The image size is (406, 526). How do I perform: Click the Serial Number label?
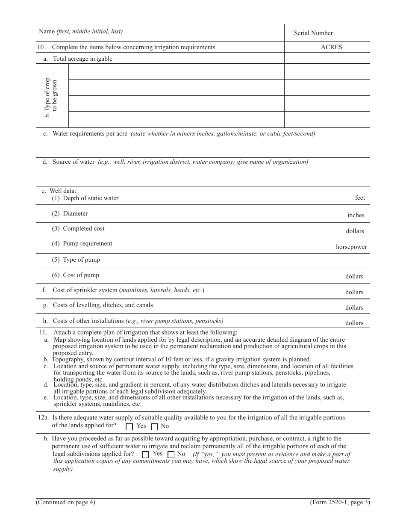[313, 33]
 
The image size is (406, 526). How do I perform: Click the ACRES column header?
[331, 47]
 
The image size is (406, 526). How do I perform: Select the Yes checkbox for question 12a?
[129, 426]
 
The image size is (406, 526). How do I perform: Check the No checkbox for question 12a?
[155, 426]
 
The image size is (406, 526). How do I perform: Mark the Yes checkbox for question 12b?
[146, 454]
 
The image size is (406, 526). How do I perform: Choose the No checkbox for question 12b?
[171, 454]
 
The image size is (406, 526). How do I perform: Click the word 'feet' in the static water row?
[360, 198]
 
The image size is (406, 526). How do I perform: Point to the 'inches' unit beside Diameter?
[356, 216]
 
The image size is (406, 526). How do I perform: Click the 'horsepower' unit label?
[351, 247]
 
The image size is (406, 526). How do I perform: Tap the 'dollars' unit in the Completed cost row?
[355, 231]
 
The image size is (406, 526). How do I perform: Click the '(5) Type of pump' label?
[76, 260]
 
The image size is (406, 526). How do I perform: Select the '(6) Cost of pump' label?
[75, 275]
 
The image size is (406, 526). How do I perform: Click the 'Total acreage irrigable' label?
[82, 59]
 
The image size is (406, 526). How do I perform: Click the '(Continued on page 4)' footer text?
[65, 502]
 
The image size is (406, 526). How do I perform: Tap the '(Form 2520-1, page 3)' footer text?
[340, 502]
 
